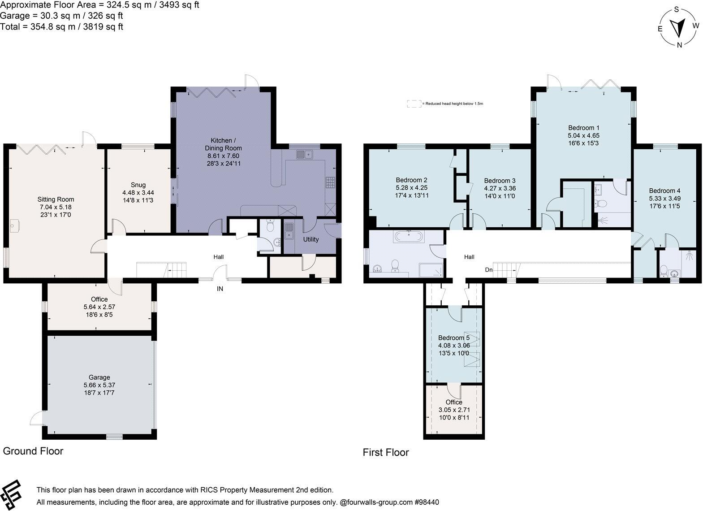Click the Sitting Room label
click(x=56, y=199)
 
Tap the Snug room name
click(x=138, y=185)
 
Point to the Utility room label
click(x=311, y=239)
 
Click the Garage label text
click(x=99, y=377)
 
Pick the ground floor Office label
click(x=99, y=299)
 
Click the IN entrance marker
click(x=220, y=289)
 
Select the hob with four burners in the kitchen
click(x=331, y=182)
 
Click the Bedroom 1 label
click(x=584, y=128)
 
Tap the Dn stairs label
click(x=489, y=270)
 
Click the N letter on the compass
click(x=679, y=44)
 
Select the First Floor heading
click(x=386, y=452)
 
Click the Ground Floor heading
click(x=33, y=451)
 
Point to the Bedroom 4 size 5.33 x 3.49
click(x=664, y=198)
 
